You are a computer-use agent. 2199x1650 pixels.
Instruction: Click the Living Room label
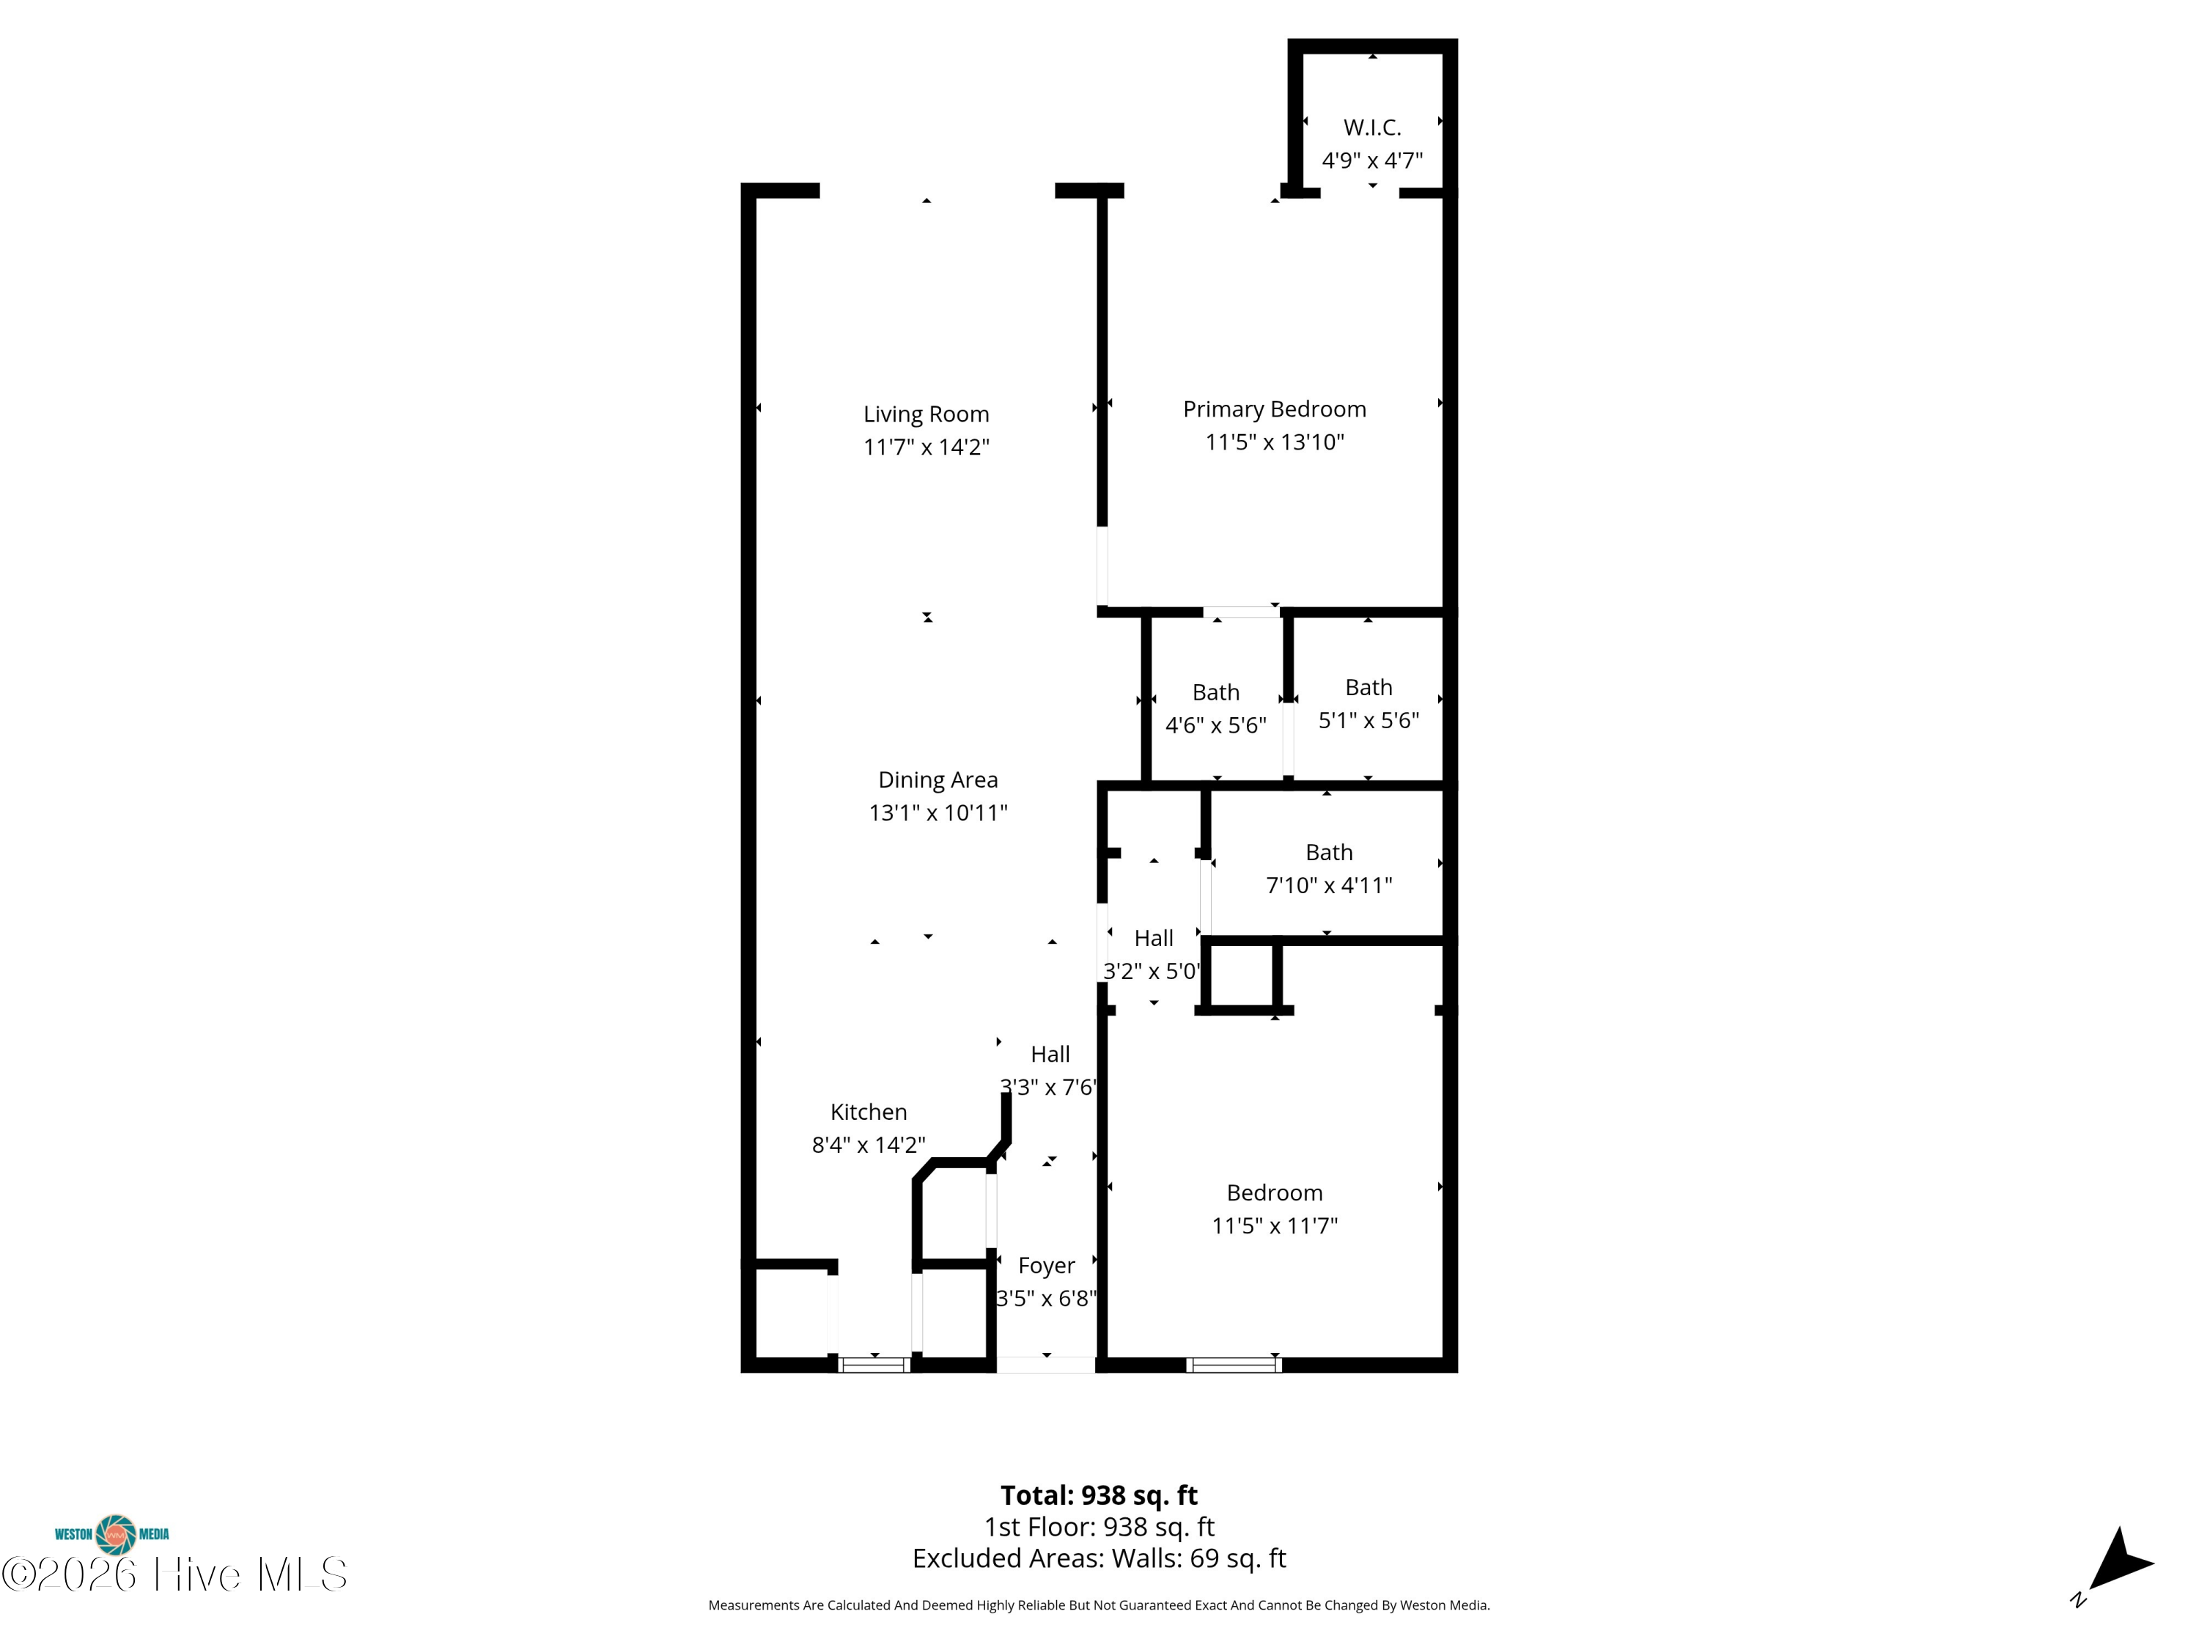(x=926, y=414)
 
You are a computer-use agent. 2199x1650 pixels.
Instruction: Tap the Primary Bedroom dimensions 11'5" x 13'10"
(x=1275, y=441)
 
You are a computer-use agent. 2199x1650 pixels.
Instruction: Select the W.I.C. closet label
(x=1372, y=128)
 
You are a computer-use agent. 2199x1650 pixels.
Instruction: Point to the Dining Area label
(x=938, y=780)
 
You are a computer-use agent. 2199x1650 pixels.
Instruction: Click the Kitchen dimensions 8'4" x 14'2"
(x=868, y=1145)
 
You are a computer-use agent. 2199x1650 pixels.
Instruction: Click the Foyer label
(x=1046, y=1265)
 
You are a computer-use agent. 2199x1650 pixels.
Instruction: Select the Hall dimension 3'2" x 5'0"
(x=1152, y=971)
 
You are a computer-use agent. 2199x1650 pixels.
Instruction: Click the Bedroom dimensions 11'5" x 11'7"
(x=1275, y=1225)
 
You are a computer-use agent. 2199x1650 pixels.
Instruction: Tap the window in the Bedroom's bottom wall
(x=1234, y=1365)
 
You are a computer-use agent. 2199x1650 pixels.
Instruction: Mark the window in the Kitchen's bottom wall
(x=873, y=1365)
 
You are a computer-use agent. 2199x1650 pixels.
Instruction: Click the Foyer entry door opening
(x=1046, y=1365)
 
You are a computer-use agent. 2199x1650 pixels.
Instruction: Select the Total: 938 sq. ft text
(x=1099, y=1495)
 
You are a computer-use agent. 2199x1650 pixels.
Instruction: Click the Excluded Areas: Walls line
(x=1099, y=1558)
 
